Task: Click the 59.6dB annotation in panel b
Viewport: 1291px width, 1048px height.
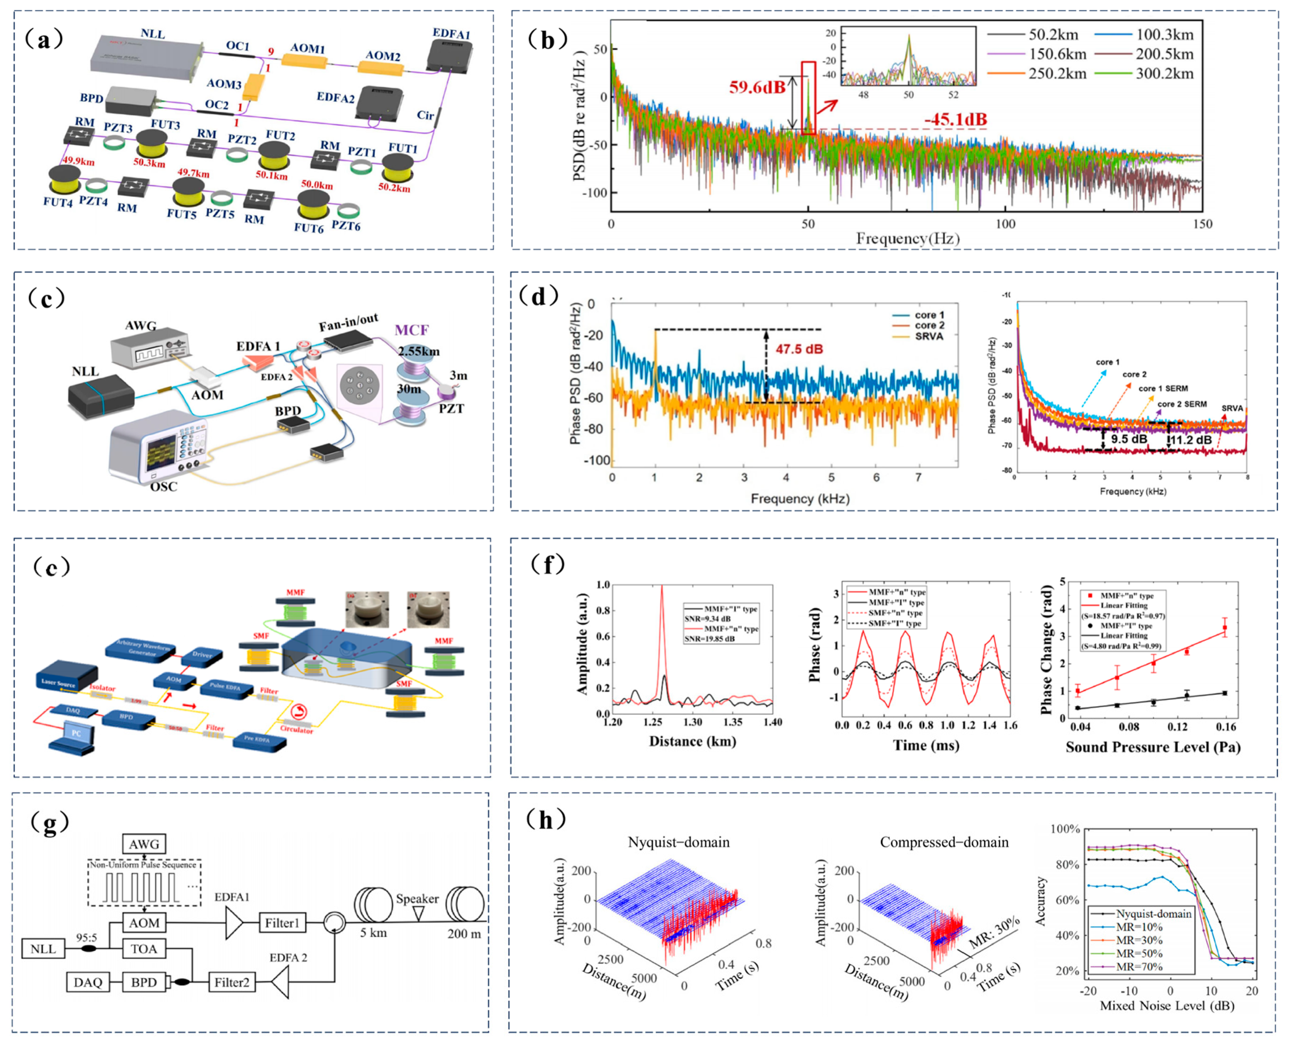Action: (757, 88)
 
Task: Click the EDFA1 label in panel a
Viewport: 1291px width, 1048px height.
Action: (451, 34)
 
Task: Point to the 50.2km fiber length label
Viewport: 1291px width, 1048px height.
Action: (394, 188)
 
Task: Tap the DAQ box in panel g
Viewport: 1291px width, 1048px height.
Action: (88, 983)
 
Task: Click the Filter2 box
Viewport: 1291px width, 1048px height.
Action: (231, 983)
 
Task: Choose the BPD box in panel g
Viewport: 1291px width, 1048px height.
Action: (144, 983)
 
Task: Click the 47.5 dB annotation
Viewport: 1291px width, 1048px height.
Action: (799, 349)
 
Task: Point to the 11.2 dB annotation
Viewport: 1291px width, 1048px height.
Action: (1191, 440)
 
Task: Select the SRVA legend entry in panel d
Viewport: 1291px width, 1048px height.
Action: (929, 336)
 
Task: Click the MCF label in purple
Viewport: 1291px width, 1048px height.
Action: (412, 330)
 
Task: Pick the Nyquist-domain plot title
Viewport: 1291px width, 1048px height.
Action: (679, 842)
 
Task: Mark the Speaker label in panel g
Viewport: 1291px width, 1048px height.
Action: (417, 899)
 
